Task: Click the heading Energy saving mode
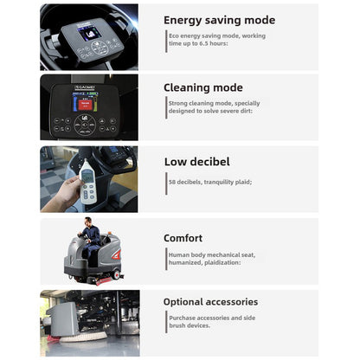coord(219,20)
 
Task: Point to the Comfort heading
coord(183,238)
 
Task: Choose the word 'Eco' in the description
coord(175,36)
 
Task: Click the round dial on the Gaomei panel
coord(85,125)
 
